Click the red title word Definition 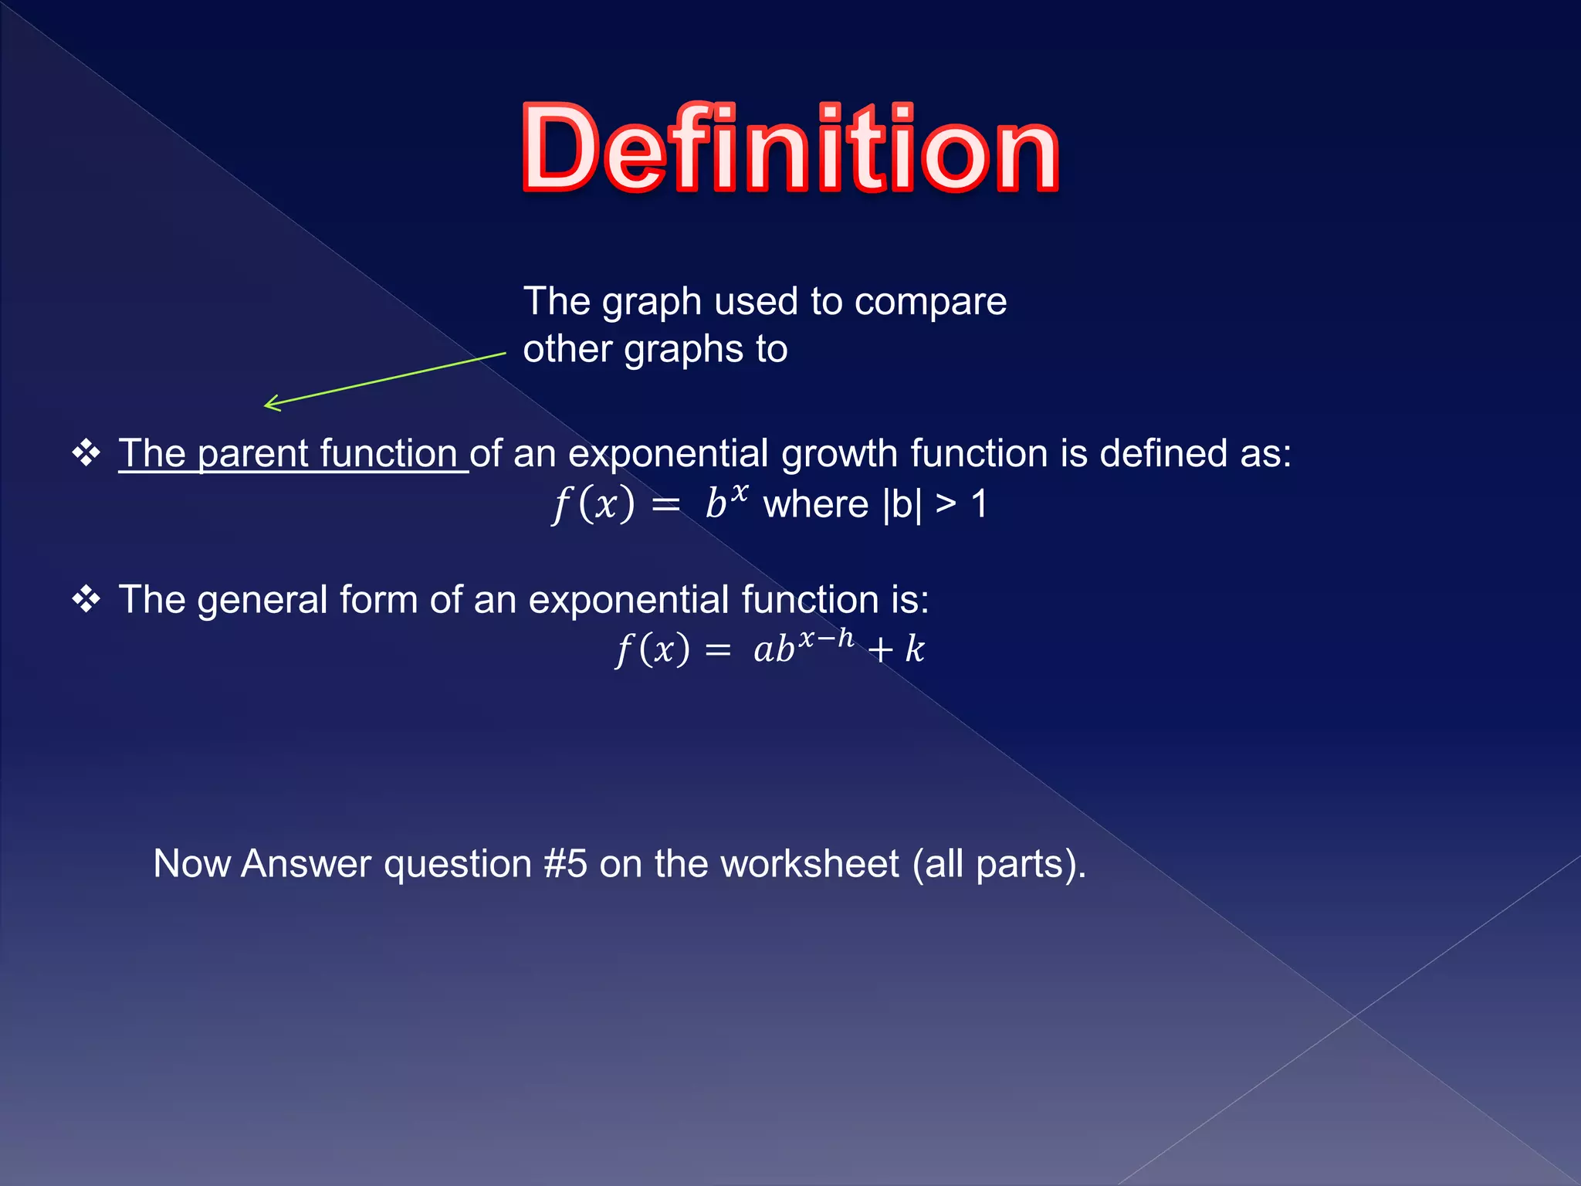[790, 148]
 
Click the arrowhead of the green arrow [269, 404]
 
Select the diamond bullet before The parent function [86, 452]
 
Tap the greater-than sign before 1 [945, 504]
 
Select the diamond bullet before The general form [86, 599]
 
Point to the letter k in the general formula [915, 649]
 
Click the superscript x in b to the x [740, 492]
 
